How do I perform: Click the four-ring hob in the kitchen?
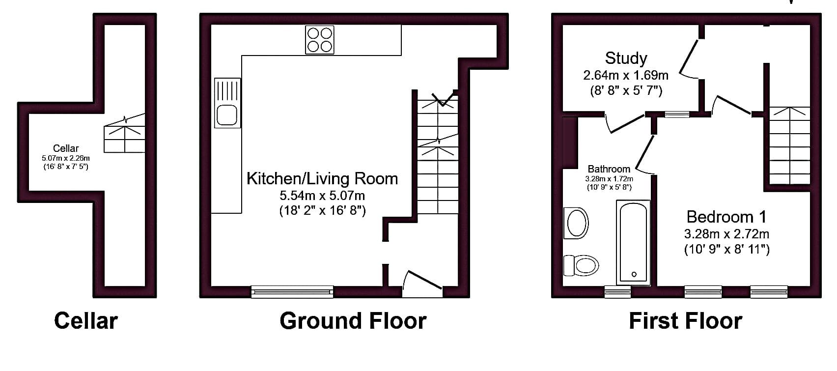tap(319, 40)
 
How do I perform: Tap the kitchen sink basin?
tap(227, 115)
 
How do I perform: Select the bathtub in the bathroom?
tap(633, 242)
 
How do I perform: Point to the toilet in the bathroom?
tap(581, 265)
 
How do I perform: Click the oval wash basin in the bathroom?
tap(576, 223)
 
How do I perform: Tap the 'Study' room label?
tap(626, 58)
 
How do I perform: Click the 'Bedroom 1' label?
tap(726, 217)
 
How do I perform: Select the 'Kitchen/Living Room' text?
tap(322, 179)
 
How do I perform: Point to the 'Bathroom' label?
tap(609, 169)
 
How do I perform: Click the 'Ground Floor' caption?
tap(353, 321)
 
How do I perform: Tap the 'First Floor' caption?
tap(686, 321)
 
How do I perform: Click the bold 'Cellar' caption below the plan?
tap(86, 321)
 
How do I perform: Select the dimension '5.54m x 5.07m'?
tap(322, 196)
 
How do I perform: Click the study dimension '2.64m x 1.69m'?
tap(626, 76)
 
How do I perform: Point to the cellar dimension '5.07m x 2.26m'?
tap(66, 158)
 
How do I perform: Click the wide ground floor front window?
tap(292, 292)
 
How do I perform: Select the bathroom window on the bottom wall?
tap(617, 292)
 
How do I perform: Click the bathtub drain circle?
tap(634, 275)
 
